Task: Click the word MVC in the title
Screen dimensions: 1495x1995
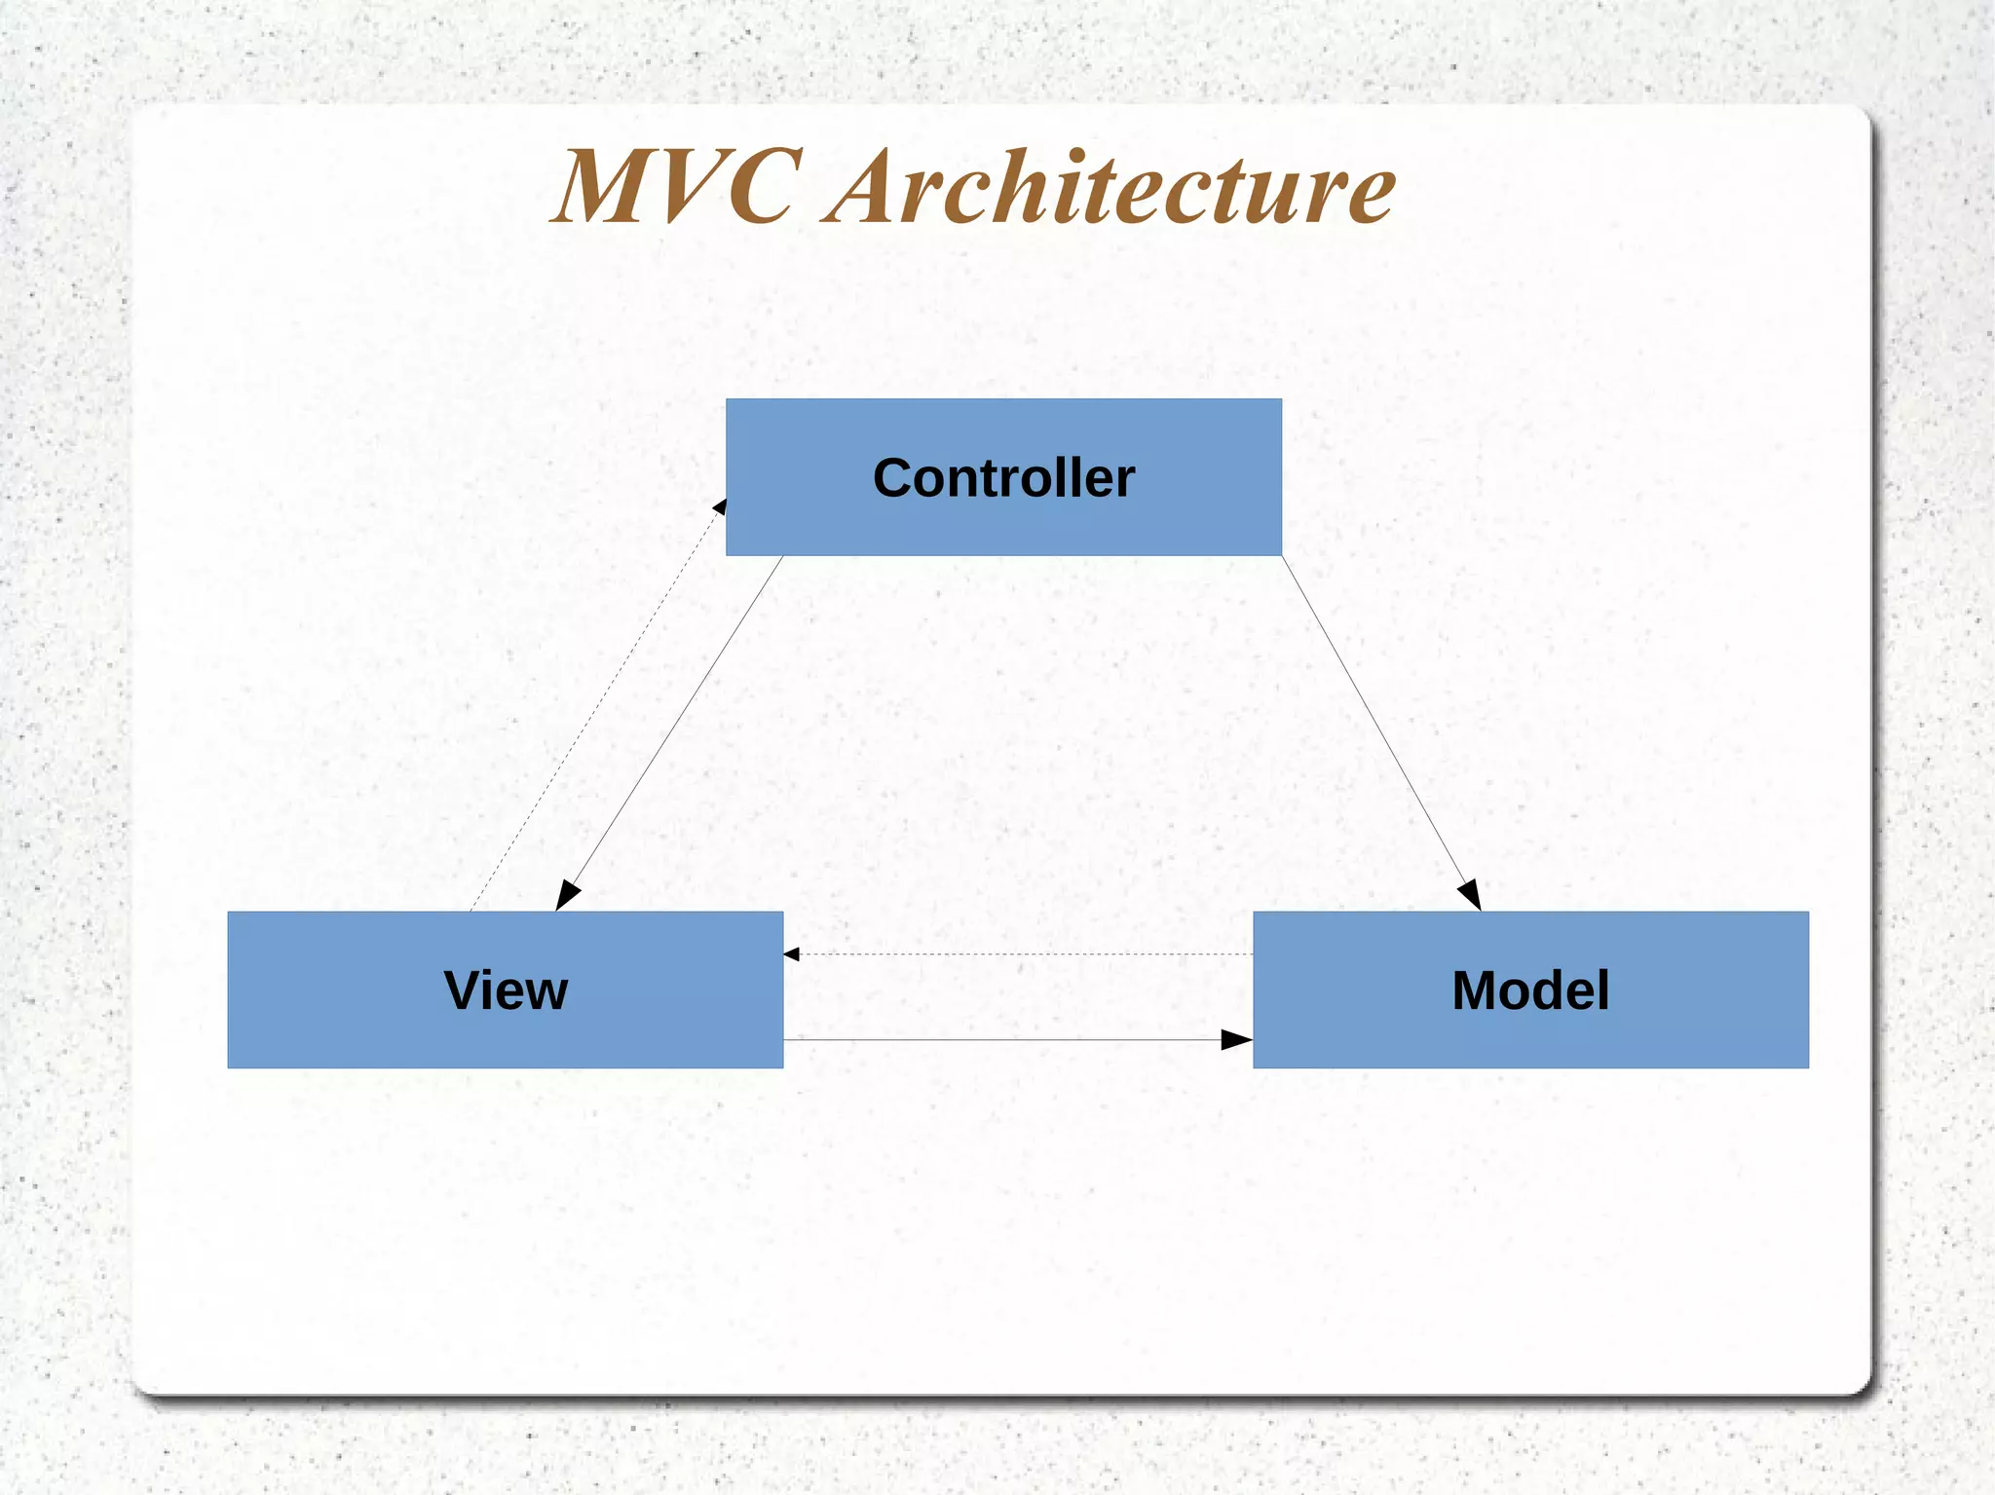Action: [x=677, y=187]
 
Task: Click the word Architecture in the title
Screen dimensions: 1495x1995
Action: [x=1110, y=187]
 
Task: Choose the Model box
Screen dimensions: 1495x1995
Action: [x=1656, y=1032]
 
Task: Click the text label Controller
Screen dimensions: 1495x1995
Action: [x=1003, y=478]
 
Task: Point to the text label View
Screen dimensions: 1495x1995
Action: [x=506, y=990]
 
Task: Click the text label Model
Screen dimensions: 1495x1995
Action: [x=1530, y=990]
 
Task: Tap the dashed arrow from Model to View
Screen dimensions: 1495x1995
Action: [x=1018, y=954]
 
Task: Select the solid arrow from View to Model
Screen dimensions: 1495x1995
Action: [x=1003, y=1040]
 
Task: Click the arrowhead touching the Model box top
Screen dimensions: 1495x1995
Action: [x=1470, y=894]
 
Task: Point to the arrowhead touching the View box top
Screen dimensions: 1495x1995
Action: [x=567, y=895]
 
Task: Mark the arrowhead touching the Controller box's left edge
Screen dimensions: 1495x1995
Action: [x=720, y=505]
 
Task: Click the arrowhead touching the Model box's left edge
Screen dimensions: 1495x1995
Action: [x=1235, y=1040]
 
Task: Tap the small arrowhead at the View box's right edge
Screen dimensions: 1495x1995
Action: [x=791, y=954]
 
